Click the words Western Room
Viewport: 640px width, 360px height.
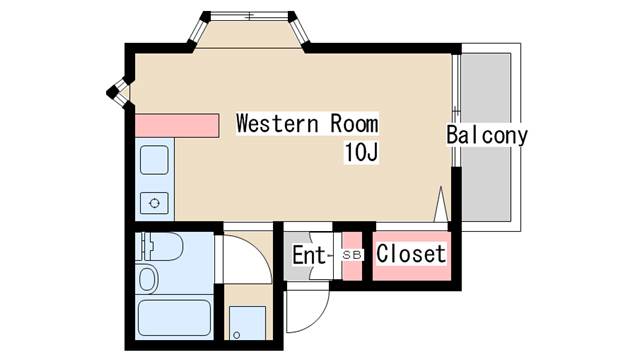pyautogui.click(x=307, y=124)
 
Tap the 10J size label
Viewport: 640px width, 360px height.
pyautogui.click(x=361, y=153)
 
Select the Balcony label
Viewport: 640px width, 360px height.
pyautogui.click(x=487, y=135)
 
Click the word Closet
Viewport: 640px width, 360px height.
pyautogui.click(x=410, y=254)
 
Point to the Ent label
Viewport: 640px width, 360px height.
pyautogui.click(x=310, y=255)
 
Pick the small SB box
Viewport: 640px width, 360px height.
pyautogui.click(x=352, y=255)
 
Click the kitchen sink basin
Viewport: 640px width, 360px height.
pyautogui.click(x=154, y=160)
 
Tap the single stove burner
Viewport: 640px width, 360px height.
pyautogui.click(x=154, y=203)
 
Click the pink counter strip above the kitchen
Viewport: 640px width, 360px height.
pyautogui.click(x=177, y=126)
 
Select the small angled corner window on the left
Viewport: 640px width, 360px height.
pyautogui.click(x=118, y=91)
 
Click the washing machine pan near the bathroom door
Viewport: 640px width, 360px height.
pyautogui.click(x=247, y=322)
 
